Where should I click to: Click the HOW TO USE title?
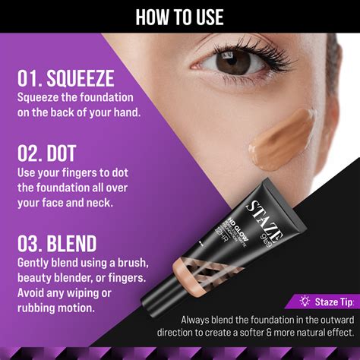pos(179,16)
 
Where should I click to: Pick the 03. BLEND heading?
pos(58,244)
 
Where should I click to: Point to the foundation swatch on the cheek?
pos(280,140)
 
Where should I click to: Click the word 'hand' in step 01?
pos(125,112)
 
